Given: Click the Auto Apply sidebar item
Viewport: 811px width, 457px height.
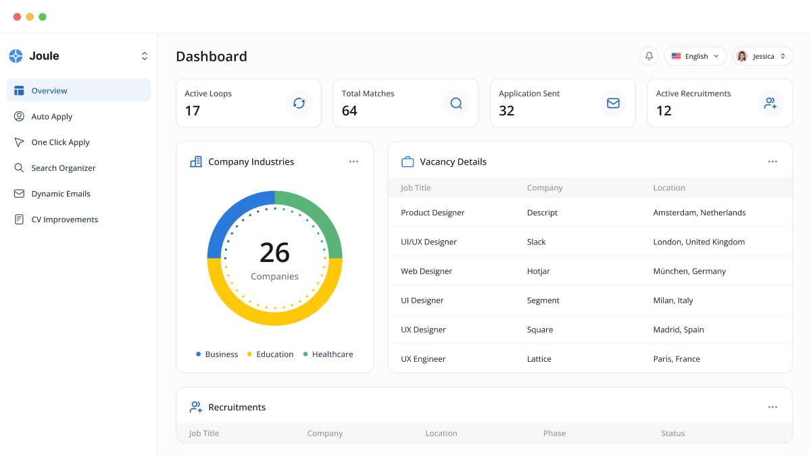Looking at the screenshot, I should pyautogui.click(x=51, y=117).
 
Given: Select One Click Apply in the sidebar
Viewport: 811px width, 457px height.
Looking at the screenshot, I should pyautogui.click(x=60, y=142).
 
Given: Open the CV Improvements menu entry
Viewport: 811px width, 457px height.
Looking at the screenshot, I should pyautogui.click(x=64, y=219).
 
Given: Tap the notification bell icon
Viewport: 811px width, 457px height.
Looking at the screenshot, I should pyautogui.click(x=649, y=56).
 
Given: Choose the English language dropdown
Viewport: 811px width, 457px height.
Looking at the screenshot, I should pyautogui.click(x=695, y=56).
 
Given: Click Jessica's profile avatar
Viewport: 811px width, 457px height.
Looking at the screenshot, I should pyautogui.click(x=742, y=56).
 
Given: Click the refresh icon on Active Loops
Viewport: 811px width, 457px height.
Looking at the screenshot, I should pyautogui.click(x=299, y=103).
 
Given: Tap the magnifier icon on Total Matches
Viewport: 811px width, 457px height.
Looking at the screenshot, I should pyautogui.click(x=456, y=103).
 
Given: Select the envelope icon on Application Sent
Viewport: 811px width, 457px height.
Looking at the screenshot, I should pyautogui.click(x=613, y=103).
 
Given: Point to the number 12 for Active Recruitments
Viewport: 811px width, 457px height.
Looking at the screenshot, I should pyautogui.click(x=664, y=111).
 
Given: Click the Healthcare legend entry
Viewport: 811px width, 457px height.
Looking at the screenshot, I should pyautogui.click(x=332, y=354).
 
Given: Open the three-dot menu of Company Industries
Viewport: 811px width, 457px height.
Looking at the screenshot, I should pyautogui.click(x=353, y=162).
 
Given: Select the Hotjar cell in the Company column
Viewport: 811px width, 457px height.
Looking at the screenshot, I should pyautogui.click(x=539, y=271).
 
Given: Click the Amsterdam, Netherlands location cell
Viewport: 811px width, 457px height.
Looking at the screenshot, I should pyautogui.click(x=699, y=213).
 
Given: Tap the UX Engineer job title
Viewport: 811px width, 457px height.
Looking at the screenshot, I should pyautogui.click(x=423, y=359).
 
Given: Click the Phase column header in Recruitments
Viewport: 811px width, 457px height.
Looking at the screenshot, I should pyautogui.click(x=554, y=433).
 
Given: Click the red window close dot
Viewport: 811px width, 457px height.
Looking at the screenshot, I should pyautogui.click(x=17, y=17).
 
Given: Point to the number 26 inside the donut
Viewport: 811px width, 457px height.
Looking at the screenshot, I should pyautogui.click(x=274, y=252).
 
